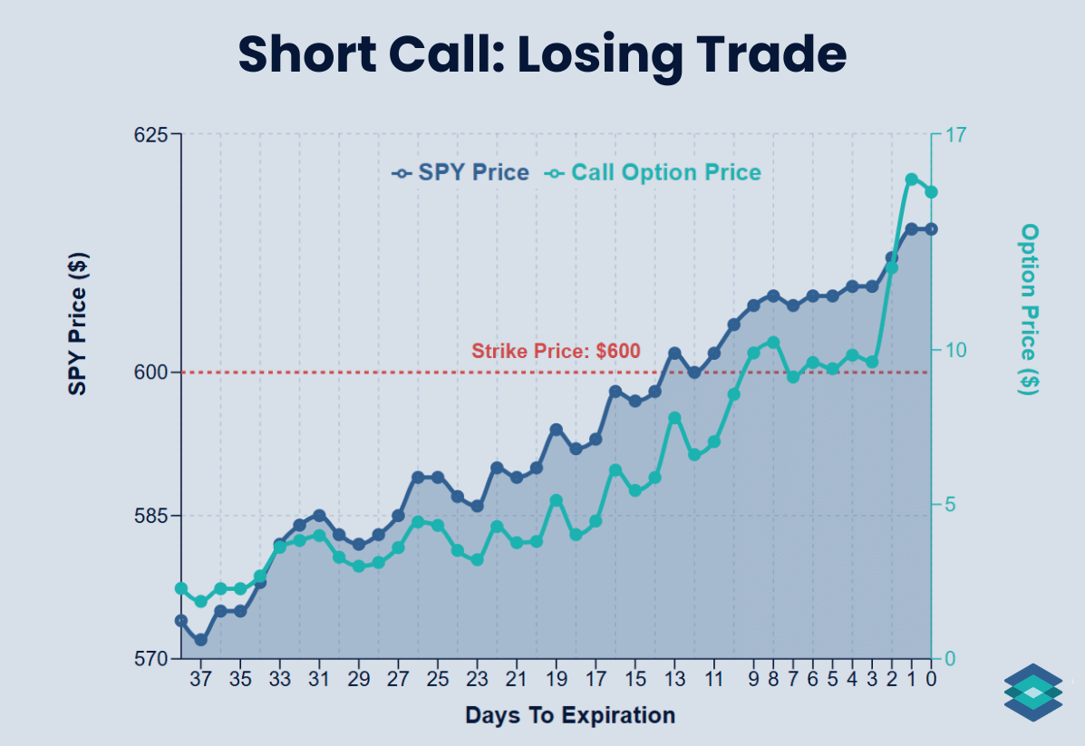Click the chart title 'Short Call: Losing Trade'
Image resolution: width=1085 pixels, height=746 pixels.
(x=542, y=55)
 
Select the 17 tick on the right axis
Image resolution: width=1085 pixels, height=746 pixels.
(x=956, y=135)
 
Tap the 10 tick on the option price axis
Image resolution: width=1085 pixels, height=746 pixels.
(x=956, y=351)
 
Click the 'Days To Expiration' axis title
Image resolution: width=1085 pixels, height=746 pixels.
(x=570, y=715)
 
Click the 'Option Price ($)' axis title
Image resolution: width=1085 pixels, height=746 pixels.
(x=1030, y=308)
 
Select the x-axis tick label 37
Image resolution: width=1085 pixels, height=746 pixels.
(x=200, y=679)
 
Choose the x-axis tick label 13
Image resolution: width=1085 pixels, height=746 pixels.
(x=673, y=679)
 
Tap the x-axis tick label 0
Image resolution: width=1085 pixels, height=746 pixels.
(x=931, y=679)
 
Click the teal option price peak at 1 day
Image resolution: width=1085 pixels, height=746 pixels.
(x=912, y=179)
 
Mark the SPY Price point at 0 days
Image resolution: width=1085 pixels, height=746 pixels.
(x=931, y=229)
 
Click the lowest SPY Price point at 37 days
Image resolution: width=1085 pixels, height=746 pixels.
(x=200, y=640)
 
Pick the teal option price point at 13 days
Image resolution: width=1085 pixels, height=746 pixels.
(x=674, y=418)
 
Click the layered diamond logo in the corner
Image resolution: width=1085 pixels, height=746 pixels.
(x=1032, y=693)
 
